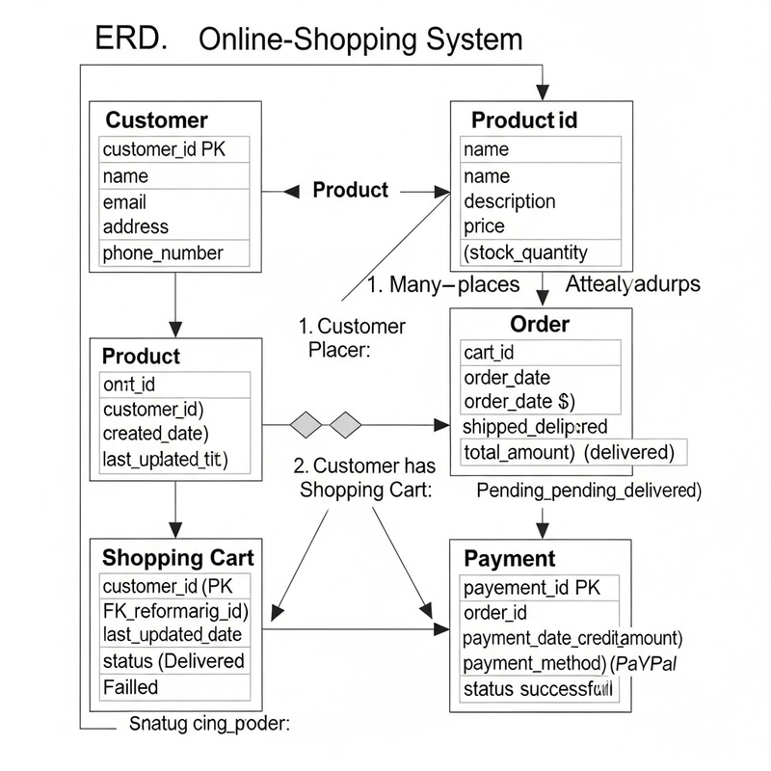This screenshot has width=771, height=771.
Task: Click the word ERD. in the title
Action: (130, 39)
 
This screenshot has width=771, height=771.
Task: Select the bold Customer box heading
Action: (156, 120)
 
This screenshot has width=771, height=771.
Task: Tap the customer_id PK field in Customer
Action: (163, 149)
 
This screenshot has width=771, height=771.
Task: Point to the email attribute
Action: (124, 201)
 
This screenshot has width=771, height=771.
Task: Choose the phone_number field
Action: (163, 253)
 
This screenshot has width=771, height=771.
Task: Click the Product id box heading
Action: (524, 120)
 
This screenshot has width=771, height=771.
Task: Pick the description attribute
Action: (509, 201)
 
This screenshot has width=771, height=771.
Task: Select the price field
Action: (484, 226)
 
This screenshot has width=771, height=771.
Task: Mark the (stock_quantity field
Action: (525, 253)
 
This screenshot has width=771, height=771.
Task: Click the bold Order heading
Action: (540, 324)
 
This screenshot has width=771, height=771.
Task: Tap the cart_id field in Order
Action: (489, 353)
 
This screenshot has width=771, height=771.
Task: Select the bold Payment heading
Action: (510, 559)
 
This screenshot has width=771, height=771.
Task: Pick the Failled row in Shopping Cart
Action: (130, 687)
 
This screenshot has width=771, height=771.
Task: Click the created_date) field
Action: (155, 434)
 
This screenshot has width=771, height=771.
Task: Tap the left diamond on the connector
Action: (306, 424)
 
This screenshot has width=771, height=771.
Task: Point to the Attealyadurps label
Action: (632, 284)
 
